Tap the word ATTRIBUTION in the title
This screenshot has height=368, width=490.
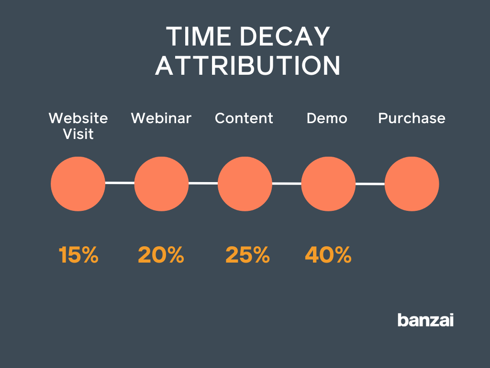247,66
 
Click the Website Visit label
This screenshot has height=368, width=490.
78,126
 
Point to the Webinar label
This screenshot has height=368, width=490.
161,118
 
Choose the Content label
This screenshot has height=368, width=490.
244,118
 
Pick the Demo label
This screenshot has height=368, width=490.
327,118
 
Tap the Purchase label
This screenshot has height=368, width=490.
412,118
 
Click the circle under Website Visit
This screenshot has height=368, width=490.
78,184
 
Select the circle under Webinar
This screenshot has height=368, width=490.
161,184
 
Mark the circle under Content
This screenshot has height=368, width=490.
245,184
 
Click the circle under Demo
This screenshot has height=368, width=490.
328,184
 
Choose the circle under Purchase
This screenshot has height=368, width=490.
412,184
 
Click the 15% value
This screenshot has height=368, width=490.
78,255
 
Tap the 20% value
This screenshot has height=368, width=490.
161,255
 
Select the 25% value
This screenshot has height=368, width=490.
247,255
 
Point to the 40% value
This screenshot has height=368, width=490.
328,255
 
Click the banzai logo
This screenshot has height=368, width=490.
425,320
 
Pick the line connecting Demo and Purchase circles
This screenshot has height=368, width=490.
370,184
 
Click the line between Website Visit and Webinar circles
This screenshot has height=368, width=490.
120,183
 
